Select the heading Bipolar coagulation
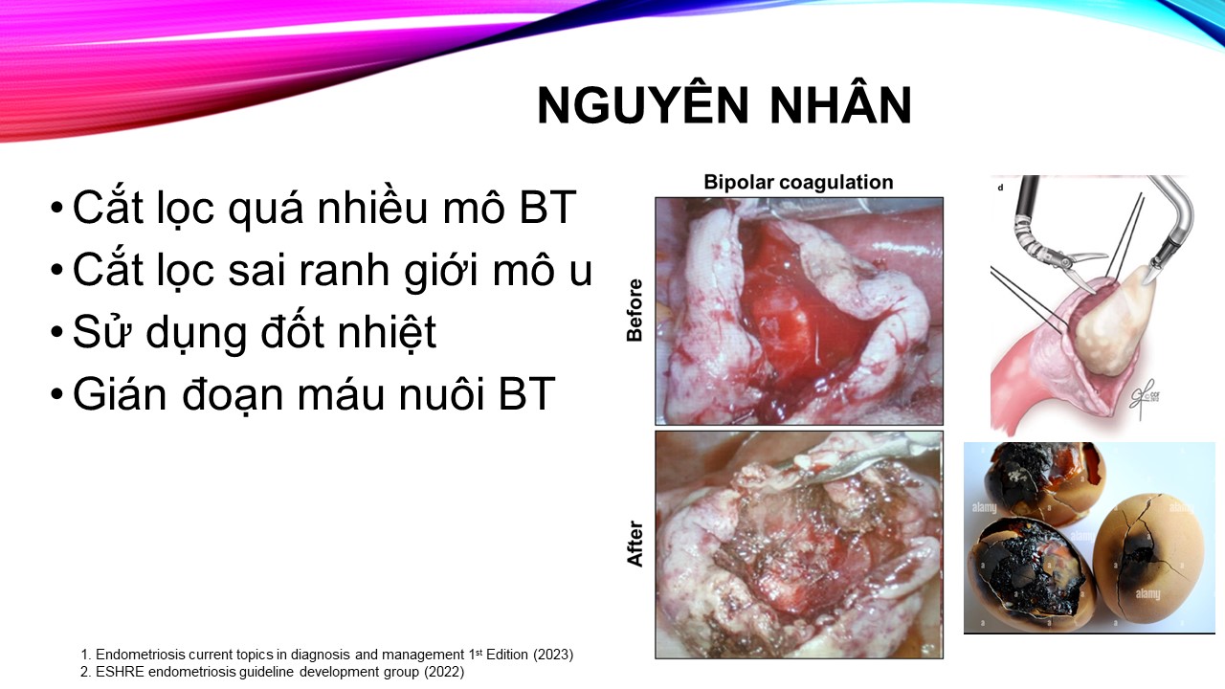[798, 182]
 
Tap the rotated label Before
[635, 311]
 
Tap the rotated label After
[635, 544]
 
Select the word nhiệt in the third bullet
[388, 332]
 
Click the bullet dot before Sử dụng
[56, 332]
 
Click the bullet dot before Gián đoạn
[56, 394]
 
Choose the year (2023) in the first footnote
[553, 655]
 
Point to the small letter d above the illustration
[1000, 188]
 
